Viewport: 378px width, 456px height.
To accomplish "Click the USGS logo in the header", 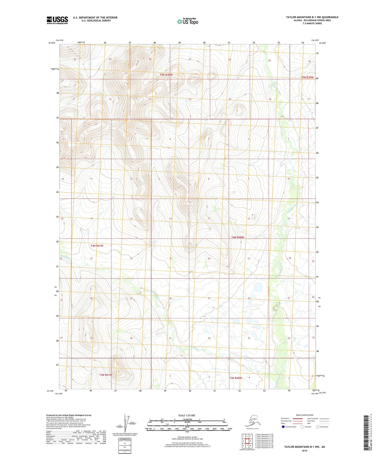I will click(x=57, y=20).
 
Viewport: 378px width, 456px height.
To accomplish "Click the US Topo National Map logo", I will click(x=188, y=21).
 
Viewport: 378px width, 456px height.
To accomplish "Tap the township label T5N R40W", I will click(x=166, y=75).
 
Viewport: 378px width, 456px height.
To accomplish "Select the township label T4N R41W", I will click(x=97, y=246).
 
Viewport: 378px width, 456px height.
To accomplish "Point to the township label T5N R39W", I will click(x=307, y=77).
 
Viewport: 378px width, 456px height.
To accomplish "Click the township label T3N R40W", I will click(x=236, y=378).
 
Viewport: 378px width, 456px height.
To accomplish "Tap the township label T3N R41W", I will click(x=105, y=375).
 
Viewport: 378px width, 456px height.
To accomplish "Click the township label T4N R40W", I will click(x=238, y=237).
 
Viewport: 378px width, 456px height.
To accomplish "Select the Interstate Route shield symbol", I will click(x=283, y=427).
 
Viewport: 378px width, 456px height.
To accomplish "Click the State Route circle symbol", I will click(x=318, y=427).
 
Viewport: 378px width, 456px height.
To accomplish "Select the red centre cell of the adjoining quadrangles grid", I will click(x=247, y=441).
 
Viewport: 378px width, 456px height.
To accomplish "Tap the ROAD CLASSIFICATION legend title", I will click(x=305, y=415).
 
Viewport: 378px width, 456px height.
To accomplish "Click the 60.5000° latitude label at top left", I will click(x=51, y=43).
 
